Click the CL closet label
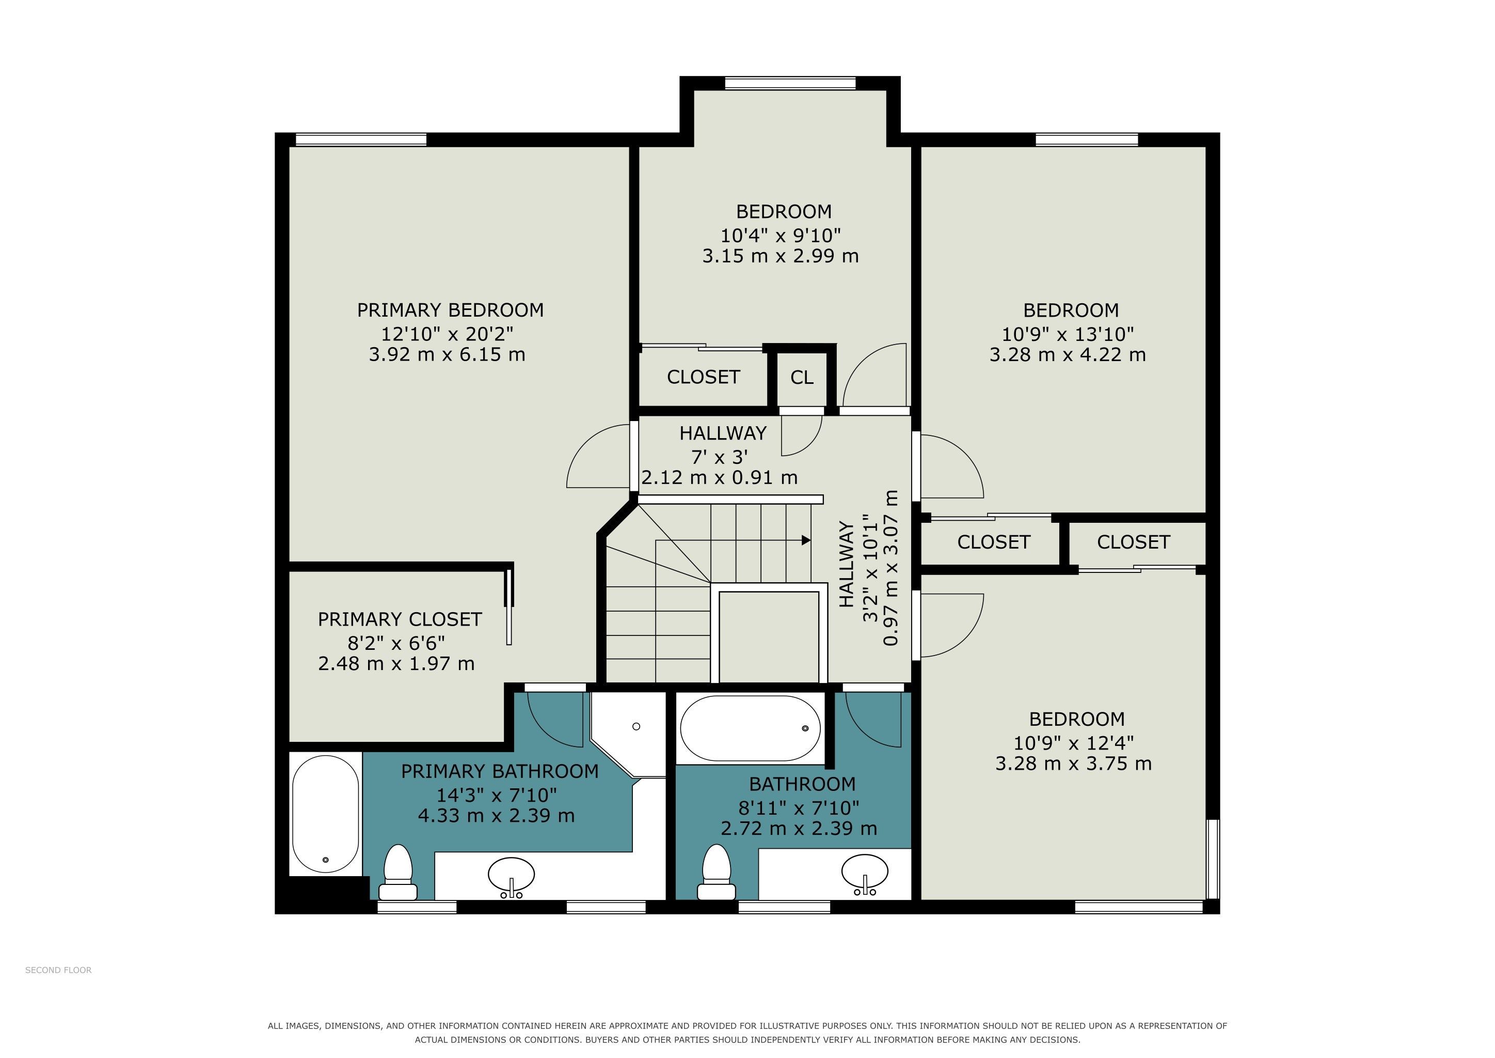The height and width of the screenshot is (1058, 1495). (802, 378)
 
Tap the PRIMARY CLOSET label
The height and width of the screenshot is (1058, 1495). (399, 619)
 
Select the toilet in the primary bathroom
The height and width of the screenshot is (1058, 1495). (398, 873)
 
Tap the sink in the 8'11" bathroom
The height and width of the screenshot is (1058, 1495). (864, 874)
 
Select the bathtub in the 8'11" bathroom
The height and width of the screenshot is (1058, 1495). (750, 728)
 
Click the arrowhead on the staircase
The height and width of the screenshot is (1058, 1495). (806, 540)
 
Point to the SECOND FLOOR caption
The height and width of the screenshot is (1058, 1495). (59, 970)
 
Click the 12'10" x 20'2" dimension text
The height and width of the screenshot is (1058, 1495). (448, 334)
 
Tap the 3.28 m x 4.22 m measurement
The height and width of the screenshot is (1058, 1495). (1068, 355)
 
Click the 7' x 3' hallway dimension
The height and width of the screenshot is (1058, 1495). (720, 457)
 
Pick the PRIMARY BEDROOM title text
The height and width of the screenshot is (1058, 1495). (451, 310)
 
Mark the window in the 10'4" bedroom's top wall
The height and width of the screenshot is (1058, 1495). (790, 83)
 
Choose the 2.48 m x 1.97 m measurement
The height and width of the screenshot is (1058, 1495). (396, 664)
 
